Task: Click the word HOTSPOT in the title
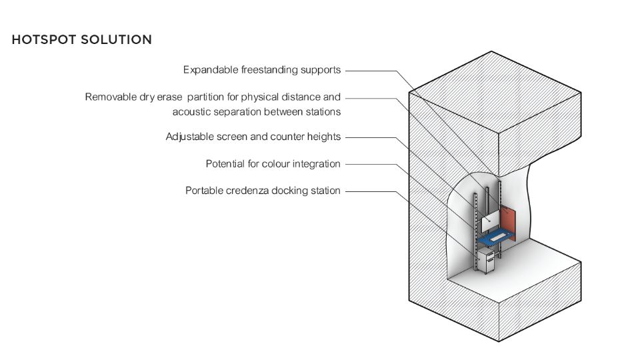(44, 39)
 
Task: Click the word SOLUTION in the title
(116, 39)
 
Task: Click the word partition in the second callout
(205, 97)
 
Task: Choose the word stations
(323, 112)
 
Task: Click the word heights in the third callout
(324, 137)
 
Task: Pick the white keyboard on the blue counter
(498, 236)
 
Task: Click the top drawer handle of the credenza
(490, 254)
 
